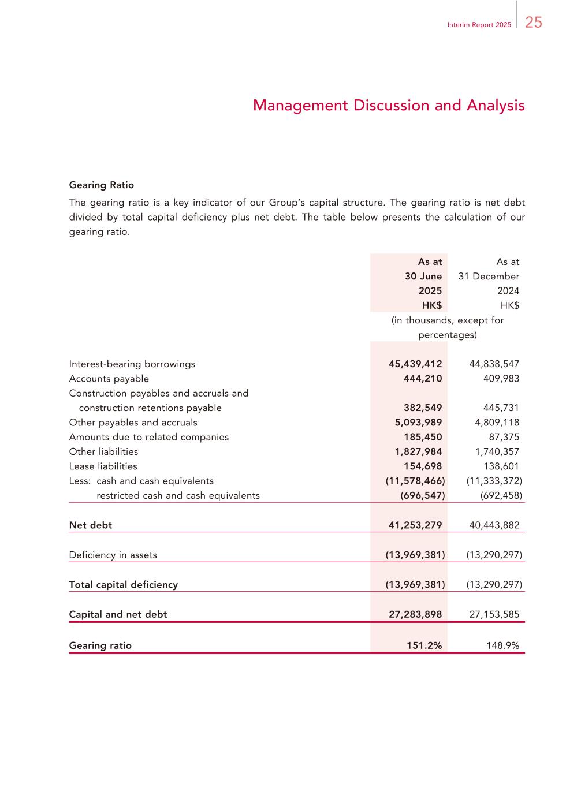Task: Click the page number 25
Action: tap(534, 23)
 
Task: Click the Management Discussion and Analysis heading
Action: tap(389, 106)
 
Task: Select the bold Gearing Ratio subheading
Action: tap(102, 185)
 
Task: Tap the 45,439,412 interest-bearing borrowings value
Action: tap(415, 364)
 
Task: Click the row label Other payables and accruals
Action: tap(133, 423)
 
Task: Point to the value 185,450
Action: tap(423, 437)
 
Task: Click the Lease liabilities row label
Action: tap(103, 466)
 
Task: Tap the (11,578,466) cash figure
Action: tap(415, 481)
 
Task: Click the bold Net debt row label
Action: tap(91, 525)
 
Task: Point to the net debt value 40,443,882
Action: tap(494, 525)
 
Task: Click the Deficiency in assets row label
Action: tap(113, 555)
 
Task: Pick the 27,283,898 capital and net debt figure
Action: tap(415, 614)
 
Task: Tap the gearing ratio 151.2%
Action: tap(424, 646)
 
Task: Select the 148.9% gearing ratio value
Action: tap(503, 646)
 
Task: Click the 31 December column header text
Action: tap(489, 277)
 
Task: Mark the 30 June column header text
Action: tap(423, 277)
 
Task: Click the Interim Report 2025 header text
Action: tap(479, 25)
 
